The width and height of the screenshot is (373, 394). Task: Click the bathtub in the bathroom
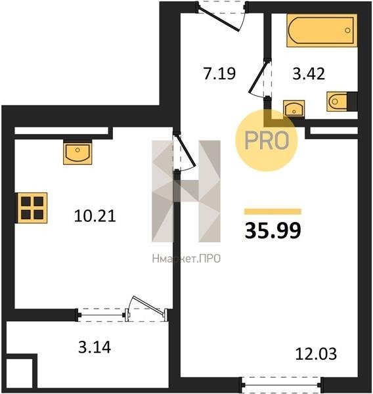click(x=322, y=30)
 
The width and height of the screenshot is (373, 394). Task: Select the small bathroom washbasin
click(x=294, y=108)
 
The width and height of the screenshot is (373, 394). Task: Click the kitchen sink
click(x=77, y=153)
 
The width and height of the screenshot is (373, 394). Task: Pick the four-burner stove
click(x=32, y=208)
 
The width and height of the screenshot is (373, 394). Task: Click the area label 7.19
click(x=219, y=74)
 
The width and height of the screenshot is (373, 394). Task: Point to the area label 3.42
click(x=309, y=74)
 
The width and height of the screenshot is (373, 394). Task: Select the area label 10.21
click(x=95, y=216)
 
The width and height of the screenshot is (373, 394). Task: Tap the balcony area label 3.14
click(x=95, y=348)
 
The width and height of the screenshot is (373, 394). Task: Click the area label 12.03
click(x=316, y=354)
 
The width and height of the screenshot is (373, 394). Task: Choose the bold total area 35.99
click(x=273, y=231)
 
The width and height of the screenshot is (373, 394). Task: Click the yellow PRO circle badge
click(x=267, y=141)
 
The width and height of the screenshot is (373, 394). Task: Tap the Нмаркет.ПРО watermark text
click(x=186, y=259)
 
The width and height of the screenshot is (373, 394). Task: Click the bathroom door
click(x=260, y=78)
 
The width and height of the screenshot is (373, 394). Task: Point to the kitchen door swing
click(x=185, y=153)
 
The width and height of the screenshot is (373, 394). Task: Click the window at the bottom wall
click(x=281, y=385)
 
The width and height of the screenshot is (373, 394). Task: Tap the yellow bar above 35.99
click(x=273, y=211)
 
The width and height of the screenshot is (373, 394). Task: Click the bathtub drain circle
click(x=347, y=30)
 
